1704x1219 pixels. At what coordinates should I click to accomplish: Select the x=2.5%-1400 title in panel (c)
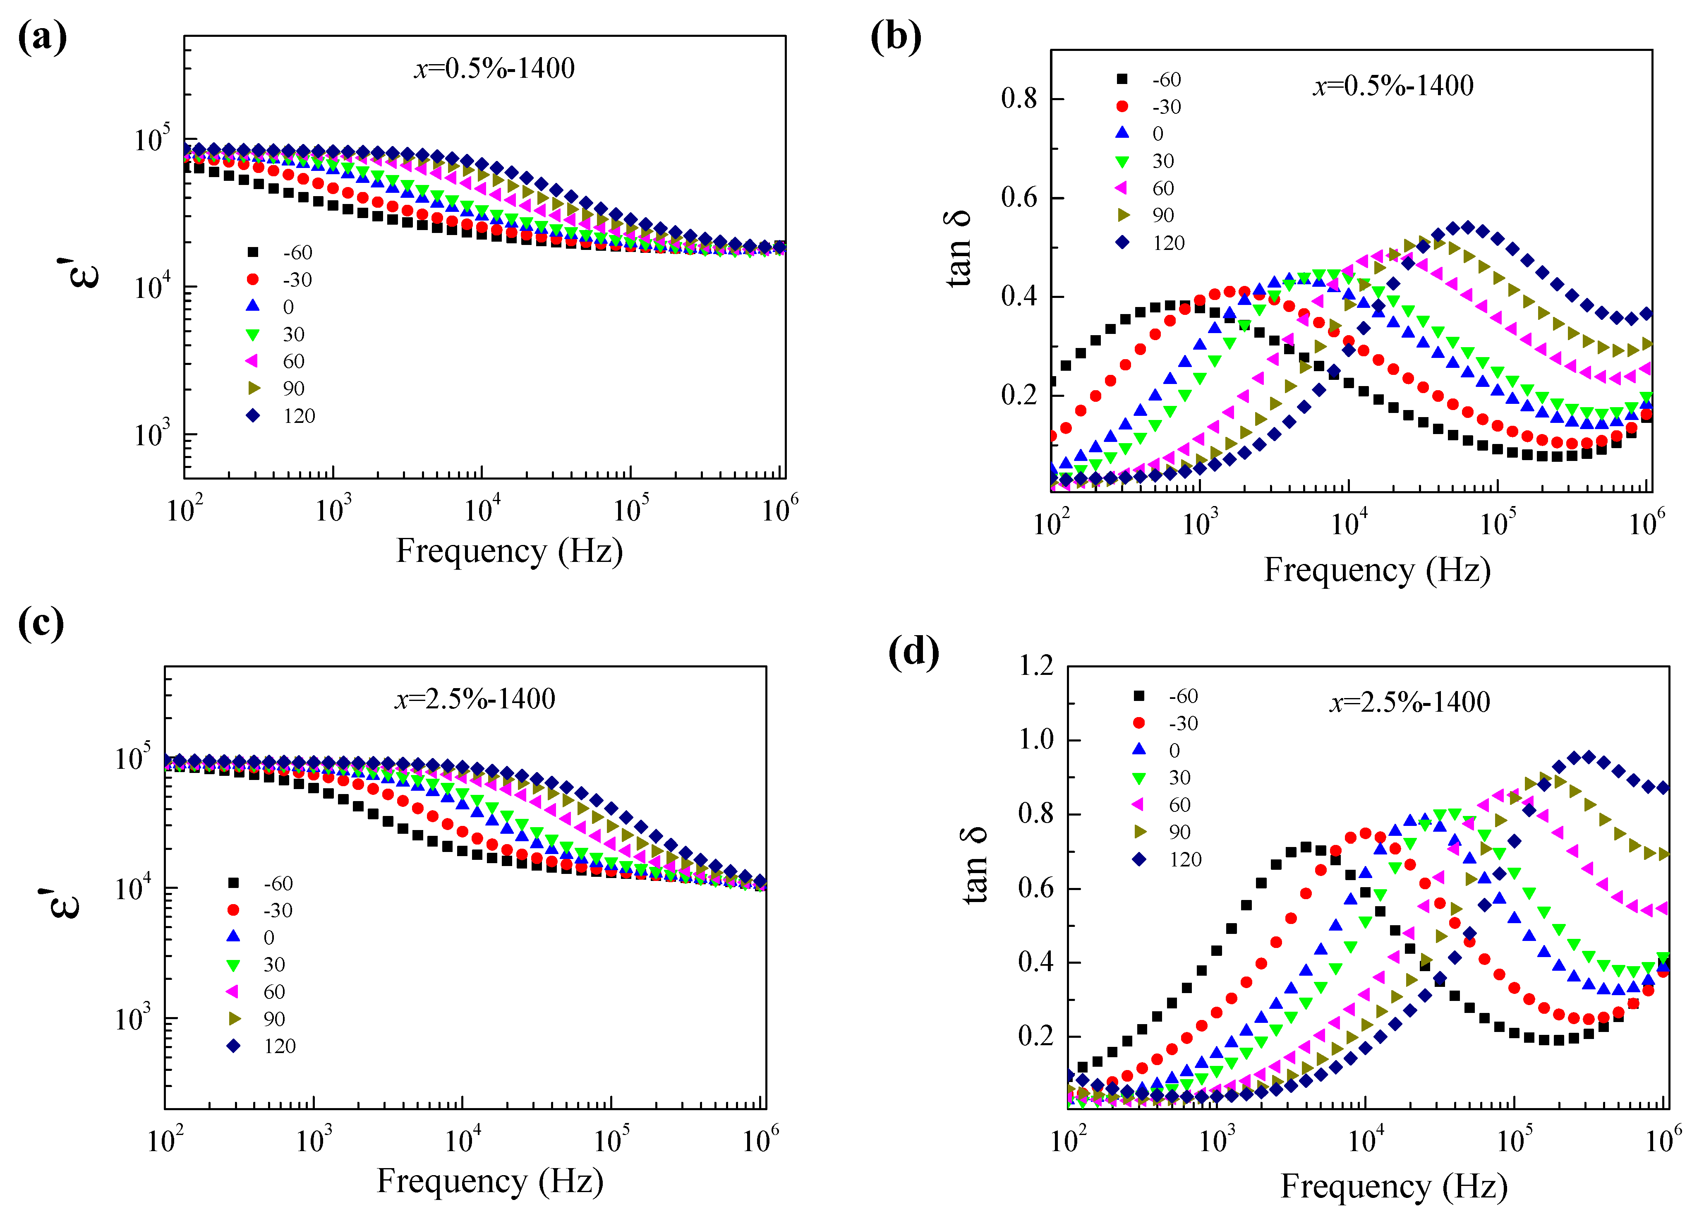(x=475, y=699)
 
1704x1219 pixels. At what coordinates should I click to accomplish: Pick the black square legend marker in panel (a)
(x=253, y=252)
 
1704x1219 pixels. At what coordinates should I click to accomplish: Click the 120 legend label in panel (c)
(x=280, y=1046)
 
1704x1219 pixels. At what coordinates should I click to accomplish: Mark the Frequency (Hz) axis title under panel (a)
(x=510, y=552)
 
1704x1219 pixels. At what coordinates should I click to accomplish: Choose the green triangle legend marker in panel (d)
(x=1139, y=777)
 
